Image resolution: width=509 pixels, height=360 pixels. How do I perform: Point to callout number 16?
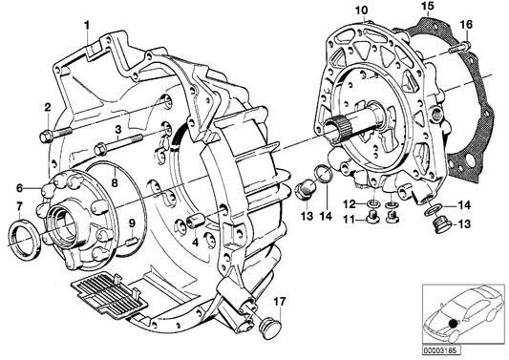coord(467,23)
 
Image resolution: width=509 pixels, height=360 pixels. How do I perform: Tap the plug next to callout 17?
coord(264,326)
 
